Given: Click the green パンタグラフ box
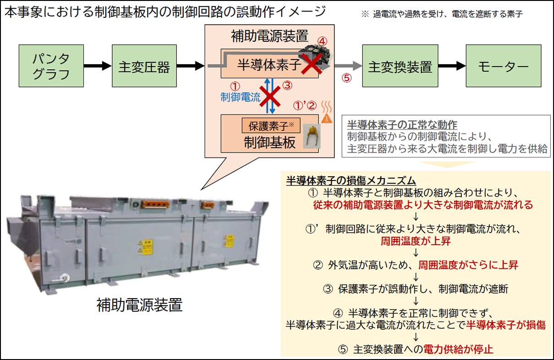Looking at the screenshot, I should tap(51, 66).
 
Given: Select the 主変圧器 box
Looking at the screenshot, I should tap(144, 66).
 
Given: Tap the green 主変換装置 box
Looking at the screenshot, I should tap(400, 66).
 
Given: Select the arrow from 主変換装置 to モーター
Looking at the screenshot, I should tap(452, 66).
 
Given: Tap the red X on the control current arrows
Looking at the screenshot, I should tap(270, 97).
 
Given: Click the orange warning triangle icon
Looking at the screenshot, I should tap(327, 118).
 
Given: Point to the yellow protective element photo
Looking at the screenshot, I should tap(312, 137).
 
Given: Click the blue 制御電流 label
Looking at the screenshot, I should tap(240, 97).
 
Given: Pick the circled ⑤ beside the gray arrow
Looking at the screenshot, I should tap(347, 78).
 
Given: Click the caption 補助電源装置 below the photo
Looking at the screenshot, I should tap(139, 305).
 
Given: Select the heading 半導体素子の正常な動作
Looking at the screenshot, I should tap(402, 125).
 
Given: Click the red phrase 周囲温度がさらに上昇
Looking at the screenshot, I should tap(468, 265).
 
